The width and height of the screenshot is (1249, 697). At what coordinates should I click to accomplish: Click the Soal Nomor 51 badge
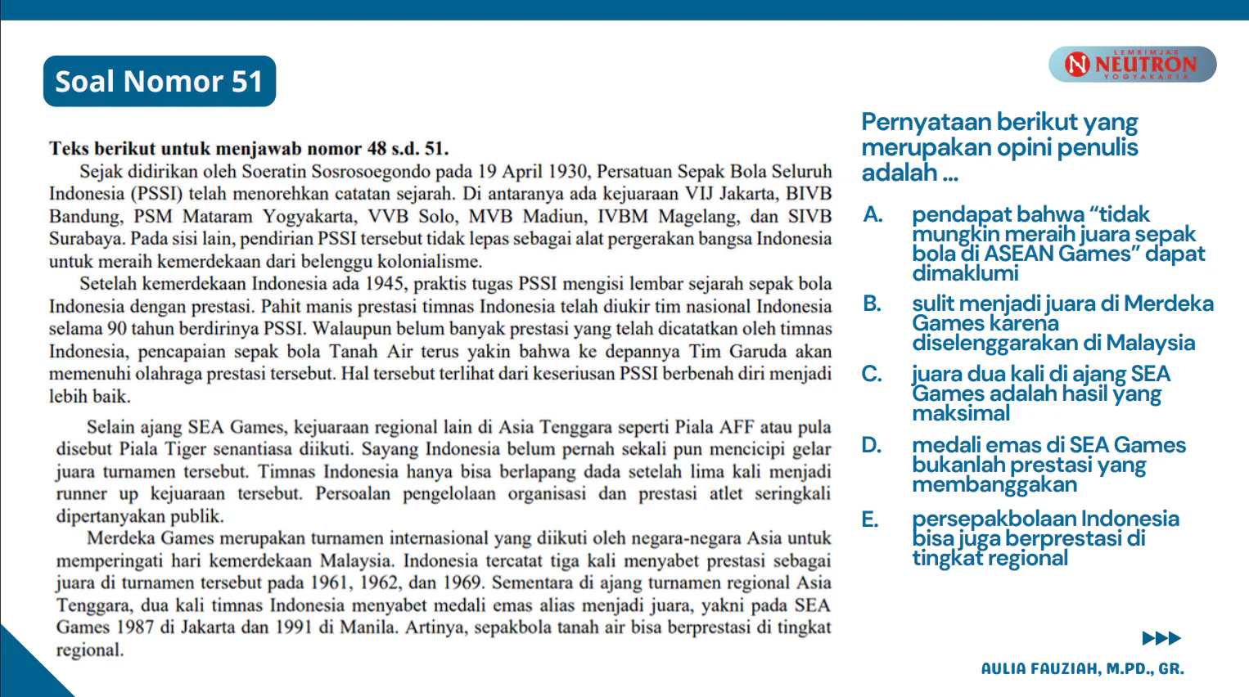(x=159, y=81)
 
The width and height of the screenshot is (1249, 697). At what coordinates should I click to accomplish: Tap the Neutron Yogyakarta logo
(x=1132, y=64)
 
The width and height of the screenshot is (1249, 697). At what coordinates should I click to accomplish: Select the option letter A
(x=872, y=214)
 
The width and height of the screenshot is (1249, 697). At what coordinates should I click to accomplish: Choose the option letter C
(x=872, y=374)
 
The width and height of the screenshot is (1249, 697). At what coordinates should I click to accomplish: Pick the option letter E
(x=870, y=519)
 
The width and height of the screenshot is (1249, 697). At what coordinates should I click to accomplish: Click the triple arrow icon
(x=1161, y=638)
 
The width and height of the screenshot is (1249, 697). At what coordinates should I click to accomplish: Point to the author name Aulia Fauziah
(x=1082, y=668)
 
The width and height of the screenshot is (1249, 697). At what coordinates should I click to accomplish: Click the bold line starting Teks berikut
(x=249, y=149)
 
